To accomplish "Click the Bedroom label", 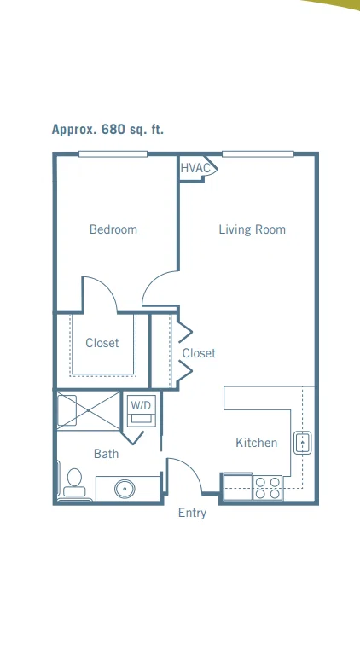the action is tap(113, 229).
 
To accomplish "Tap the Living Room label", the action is tap(253, 229).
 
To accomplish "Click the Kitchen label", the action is tap(256, 443).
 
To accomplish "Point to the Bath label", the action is tap(106, 454).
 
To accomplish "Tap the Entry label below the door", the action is tap(192, 513).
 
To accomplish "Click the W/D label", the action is tap(141, 405).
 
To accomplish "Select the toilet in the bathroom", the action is tap(74, 483).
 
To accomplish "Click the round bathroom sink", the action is tap(125, 489).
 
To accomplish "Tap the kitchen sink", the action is tap(303, 443).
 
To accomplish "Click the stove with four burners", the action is tap(268, 488).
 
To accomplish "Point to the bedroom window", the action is tap(113, 154).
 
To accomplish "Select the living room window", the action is tap(258, 154).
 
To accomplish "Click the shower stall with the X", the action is tap(89, 410).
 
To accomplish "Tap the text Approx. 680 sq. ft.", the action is tap(107, 130).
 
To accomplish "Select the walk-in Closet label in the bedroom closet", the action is tap(102, 343).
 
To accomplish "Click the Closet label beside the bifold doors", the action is tap(199, 353).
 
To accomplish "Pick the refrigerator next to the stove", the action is tap(238, 486).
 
